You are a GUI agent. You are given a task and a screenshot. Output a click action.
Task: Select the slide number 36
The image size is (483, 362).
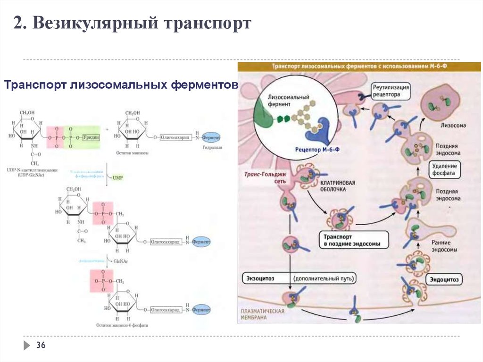(41, 346)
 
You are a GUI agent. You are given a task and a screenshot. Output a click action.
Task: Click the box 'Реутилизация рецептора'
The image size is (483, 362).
(391, 91)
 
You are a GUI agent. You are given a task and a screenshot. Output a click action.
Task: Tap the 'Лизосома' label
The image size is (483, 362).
(453, 126)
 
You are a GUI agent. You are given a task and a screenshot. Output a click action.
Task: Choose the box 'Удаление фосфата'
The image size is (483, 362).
(443, 169)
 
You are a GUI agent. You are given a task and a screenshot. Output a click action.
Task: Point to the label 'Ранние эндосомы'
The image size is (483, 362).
(444, 246)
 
